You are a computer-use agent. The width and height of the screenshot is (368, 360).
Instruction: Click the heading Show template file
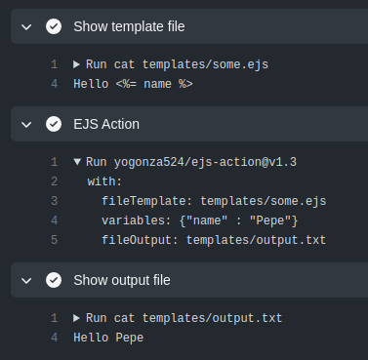click(x=129, y=26)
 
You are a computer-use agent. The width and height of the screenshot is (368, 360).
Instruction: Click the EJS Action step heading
click(x=106, y=124)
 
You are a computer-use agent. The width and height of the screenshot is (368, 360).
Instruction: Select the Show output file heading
click(x=122, y=280)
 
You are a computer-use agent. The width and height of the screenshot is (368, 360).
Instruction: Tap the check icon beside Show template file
click(x=54, y=26)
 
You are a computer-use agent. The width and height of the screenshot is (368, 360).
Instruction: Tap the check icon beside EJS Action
click(x=54, y=124)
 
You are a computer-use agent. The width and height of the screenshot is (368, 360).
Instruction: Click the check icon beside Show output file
click(x=54, y=280)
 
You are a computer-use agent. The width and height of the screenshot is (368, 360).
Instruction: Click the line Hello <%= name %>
click(x=134, y=84)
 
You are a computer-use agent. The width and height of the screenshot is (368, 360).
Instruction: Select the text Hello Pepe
click(x=108, y=338)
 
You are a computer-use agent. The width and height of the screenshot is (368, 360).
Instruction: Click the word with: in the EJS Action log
click(x=104, y=181)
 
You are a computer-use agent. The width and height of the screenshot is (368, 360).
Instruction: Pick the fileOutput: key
click(x=138, y=240)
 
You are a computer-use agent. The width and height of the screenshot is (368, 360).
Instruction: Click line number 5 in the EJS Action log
click(x=55, y=240)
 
